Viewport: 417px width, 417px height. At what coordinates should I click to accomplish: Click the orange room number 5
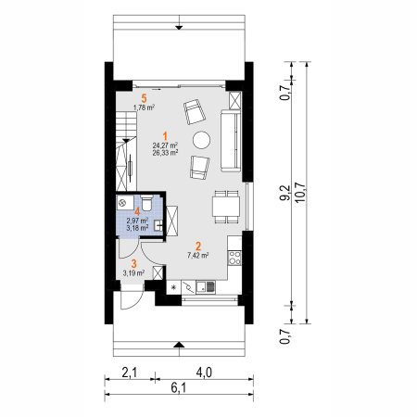(x=144, y=98)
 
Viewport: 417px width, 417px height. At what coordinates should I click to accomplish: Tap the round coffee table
(x=202, y=140)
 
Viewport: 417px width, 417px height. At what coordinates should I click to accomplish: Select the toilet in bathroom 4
(x=146, y=203)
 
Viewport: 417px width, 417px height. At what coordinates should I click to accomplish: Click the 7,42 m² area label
(x=198, y=256)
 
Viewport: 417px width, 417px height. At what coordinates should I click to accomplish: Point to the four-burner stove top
(x=234, y=258)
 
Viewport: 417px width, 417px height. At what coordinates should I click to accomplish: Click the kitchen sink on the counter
(x=206, y=287)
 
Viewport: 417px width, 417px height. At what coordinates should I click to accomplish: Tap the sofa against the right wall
(x=231, y=141)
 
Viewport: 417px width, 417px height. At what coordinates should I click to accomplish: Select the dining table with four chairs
(x=226, y=207)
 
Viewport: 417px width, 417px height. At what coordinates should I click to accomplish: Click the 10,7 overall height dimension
(x=300, y=193)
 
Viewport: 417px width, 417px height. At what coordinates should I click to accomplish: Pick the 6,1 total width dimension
(x=179, y=387)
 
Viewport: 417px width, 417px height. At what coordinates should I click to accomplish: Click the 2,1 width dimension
(x=129, y=373)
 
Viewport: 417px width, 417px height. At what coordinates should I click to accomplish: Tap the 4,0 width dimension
(x=204, y=373)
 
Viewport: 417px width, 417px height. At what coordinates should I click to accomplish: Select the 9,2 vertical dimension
(x=284, y=193)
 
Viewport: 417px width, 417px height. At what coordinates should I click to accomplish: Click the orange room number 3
(x=133, y=264)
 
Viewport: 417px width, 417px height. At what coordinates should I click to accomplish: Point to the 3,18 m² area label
(x=137, y=228)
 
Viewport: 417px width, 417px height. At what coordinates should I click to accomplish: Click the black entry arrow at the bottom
(x=179, y=345)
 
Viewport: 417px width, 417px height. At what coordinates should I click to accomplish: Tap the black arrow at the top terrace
(x=179, y=28)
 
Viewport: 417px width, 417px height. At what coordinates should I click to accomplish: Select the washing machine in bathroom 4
(x=125, y=203)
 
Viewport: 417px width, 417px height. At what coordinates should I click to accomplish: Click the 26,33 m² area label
(x=165, y=153)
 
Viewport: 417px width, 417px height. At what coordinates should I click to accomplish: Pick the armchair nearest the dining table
(x=199, y=167)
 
